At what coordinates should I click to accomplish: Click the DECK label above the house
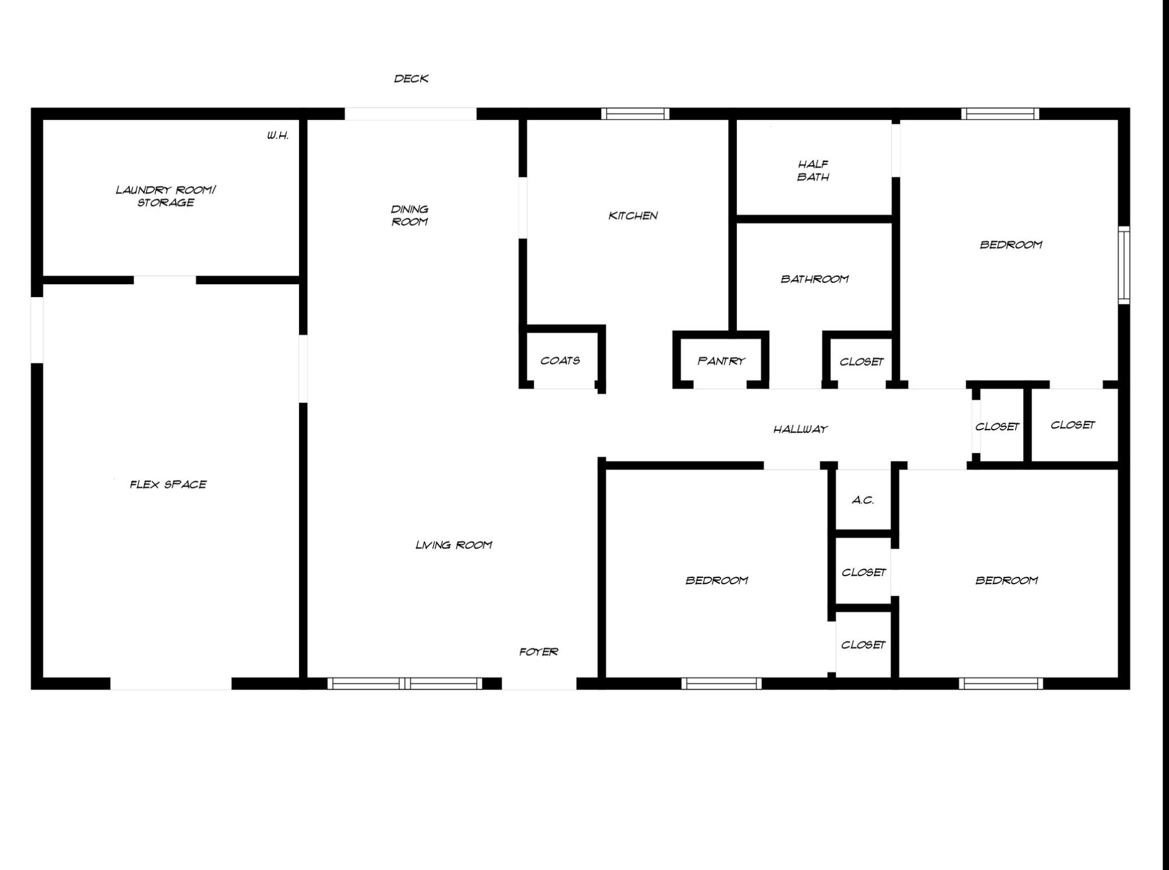(411, 79)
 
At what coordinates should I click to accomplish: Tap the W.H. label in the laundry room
(278, 136)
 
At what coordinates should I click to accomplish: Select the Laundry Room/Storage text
(165, 196)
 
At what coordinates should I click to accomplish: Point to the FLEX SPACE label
(168, 485)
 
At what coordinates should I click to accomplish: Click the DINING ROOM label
(409, 216)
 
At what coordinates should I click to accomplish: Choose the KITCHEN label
(633, 216)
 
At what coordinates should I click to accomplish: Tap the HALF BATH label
(813, 170)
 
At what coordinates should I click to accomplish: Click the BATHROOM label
(814, 279)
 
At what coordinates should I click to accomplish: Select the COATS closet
(560, 361)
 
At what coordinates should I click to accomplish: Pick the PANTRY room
(721, 361)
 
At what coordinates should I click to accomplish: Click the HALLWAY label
(800, 430)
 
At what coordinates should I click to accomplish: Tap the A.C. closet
(863, 500)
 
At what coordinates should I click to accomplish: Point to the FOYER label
(539, 652)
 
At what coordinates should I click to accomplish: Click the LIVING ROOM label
(454, 545)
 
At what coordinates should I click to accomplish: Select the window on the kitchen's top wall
(635, 114)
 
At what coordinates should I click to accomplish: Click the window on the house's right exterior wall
(1124, 265)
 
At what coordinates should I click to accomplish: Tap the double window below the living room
(404, 683)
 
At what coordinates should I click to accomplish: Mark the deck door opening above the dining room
(411, 114)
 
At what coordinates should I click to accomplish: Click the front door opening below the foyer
(539, 683)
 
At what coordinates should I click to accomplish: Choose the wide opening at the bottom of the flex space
(171, 683)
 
